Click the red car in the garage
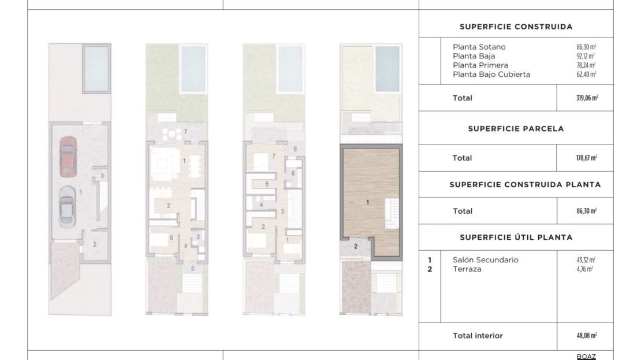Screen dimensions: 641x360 [68, 157]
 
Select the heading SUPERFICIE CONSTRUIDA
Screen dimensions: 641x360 [516, 27]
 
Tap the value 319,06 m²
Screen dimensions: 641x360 [587, 98]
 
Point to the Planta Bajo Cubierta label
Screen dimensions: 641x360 [491, 75]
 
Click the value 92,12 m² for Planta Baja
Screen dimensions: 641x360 [586, 56]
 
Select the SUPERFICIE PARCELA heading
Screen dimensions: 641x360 [516, 129]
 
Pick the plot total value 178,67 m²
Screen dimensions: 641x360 [587, 158]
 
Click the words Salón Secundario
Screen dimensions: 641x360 [486, 260]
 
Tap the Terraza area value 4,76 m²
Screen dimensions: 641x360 [584, 269]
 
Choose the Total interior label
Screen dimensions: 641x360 [478, 336]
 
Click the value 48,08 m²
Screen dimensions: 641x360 [587, 336]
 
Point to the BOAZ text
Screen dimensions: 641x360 [586, 357]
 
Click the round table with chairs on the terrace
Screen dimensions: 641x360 [172, 134]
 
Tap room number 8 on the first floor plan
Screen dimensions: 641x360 [295, 149]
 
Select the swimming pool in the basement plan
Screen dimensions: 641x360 [96, 69]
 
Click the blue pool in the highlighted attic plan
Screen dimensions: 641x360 [387, 69]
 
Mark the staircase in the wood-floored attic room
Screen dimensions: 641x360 [392, 213]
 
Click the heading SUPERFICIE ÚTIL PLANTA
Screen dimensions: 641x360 [516, 237]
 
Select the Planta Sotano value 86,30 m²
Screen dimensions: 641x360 [586, 47]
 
